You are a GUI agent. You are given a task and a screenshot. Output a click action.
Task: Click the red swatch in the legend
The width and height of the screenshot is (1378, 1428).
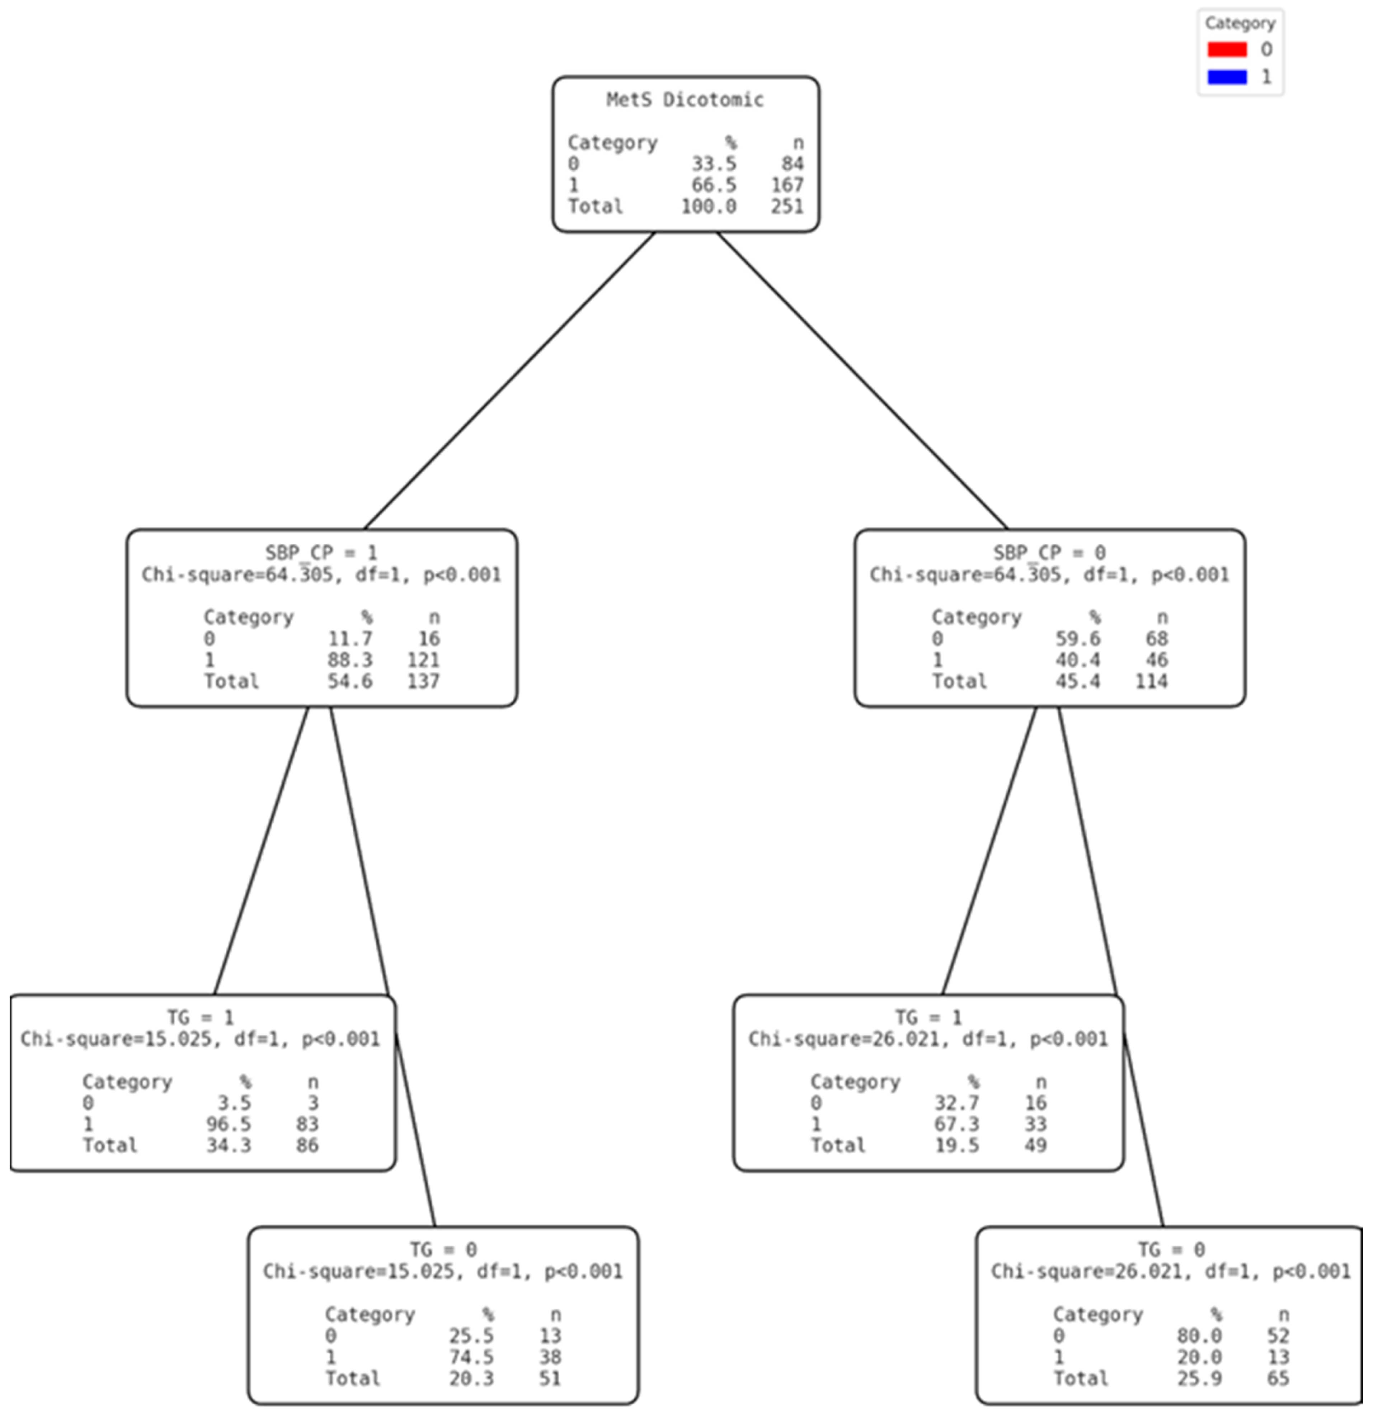(x=1227, y=49)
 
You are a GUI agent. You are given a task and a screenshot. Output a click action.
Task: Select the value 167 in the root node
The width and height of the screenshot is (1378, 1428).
(x=787, y=185)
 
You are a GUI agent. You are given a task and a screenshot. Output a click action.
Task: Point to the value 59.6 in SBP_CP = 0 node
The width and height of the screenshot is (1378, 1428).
(x=1078, y=639)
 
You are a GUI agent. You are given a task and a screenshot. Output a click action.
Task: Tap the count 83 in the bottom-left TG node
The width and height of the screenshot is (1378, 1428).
(x=307, y=1124)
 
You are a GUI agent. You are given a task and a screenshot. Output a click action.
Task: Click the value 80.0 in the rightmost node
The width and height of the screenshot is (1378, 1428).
(x=1199, y=1335)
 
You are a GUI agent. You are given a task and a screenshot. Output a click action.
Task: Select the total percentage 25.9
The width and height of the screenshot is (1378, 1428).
(x=1199, y=1378)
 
